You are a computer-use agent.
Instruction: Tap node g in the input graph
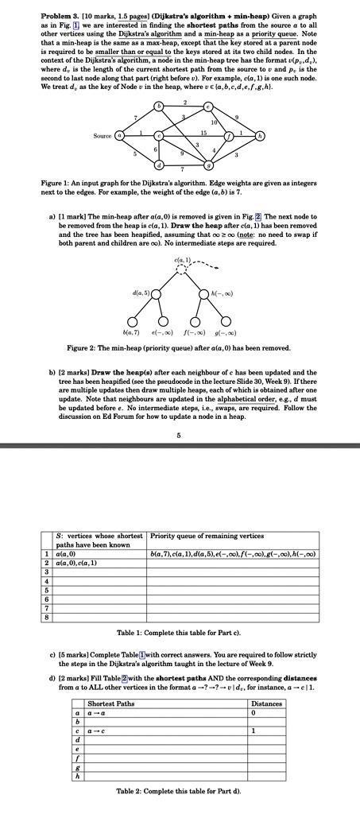point(208,165)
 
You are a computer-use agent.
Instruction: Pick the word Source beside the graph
point(101,136)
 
